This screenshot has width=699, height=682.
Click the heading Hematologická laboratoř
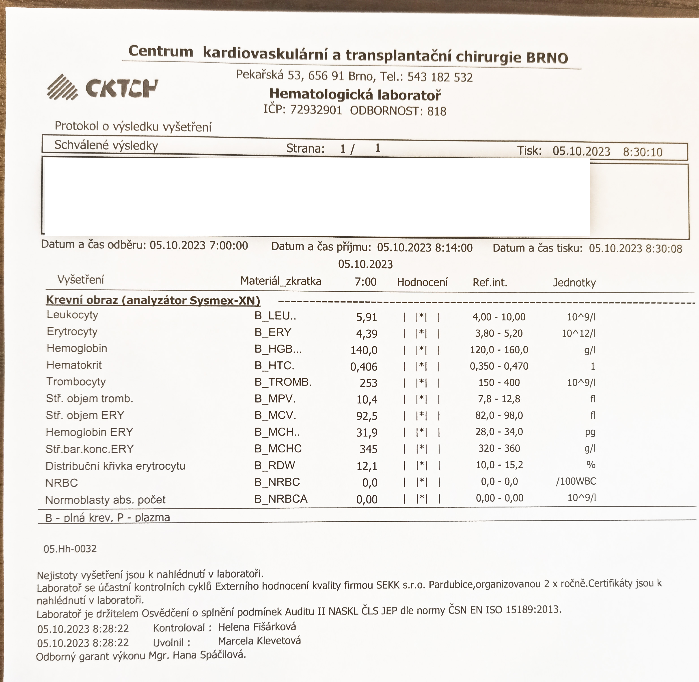pyautogui.click(x=355, y=95)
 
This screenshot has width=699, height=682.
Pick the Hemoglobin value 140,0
pyautogui.click(x=364, y=350)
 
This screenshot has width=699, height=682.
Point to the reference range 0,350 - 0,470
pyautogui.click(x=499, y=366)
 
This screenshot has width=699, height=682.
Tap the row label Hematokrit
pyautogui.click(x=74, y=365)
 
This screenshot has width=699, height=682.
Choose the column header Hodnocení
pyautogui.click(x=422, y=282)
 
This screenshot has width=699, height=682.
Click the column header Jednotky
pyautogui.click(x=574, y=283)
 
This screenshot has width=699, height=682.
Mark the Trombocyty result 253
pyautogui.click(x=368, y=383)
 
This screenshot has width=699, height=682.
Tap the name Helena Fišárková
pyautogui.click(x=257, y=627)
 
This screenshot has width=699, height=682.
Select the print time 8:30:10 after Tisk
pyautogui.click(x=642, y=152)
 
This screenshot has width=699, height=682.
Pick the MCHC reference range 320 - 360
pyautogui.click(x=499, y=448)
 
